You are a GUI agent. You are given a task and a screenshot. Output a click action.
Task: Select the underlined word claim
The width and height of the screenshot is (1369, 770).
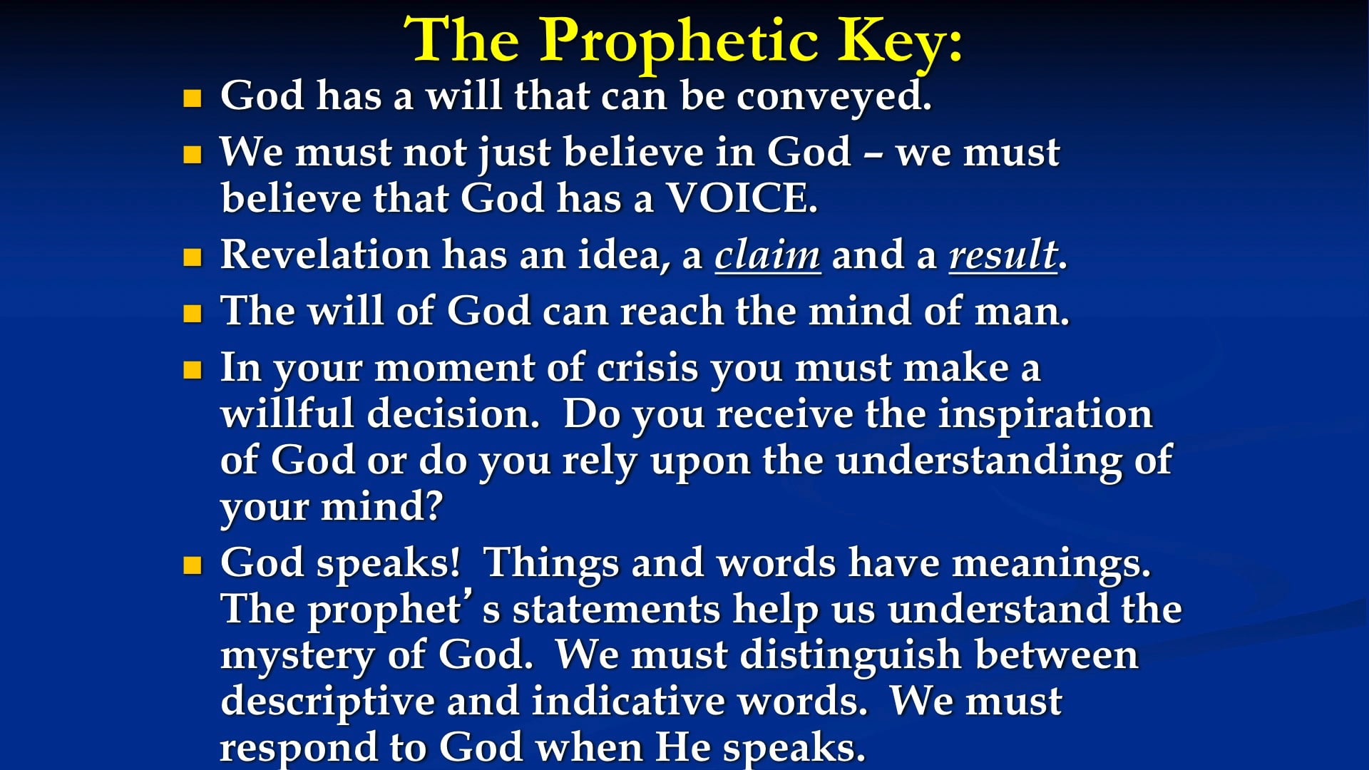(767, 255)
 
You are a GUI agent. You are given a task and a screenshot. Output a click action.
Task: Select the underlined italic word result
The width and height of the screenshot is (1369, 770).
(1002, 255)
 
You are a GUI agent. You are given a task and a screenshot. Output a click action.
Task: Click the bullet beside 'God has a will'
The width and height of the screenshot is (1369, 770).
(193, 98)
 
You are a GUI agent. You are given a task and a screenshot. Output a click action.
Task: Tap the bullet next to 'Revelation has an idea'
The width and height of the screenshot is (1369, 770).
(193, 257)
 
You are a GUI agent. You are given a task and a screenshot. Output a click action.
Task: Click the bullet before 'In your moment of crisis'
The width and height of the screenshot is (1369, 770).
(193, 369)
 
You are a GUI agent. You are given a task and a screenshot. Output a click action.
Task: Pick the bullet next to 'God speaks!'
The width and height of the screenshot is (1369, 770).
(193, 565)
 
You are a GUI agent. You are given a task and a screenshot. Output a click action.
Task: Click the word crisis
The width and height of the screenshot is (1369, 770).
(647, 368)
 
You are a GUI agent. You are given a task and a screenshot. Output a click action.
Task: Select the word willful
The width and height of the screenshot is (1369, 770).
(287, 414)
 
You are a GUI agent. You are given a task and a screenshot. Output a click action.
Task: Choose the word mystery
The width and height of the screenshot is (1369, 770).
(296, 655)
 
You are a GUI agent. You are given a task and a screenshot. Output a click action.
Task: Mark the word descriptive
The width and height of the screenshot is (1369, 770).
(327, 702)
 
